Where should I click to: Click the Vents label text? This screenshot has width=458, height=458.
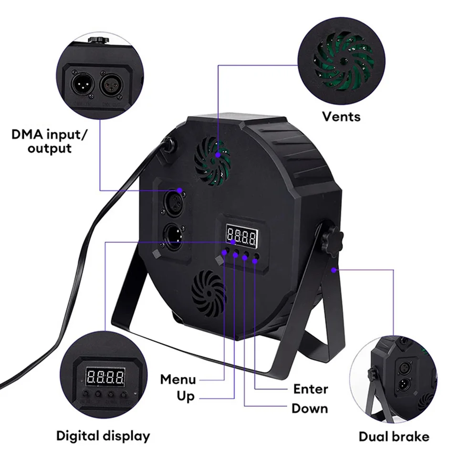pyautogui.click(x=341, y=116)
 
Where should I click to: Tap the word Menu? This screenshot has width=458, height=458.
pyautogui.click(x=178, y=380)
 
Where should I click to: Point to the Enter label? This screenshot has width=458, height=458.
pyautogui.click(x=311, y=389)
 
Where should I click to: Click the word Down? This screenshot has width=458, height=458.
pyautogui.click(x=310, y=408)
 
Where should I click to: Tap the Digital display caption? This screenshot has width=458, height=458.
pyautogui.click(x=103, y=436)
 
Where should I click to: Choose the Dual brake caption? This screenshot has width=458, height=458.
pyautogui.click(x=394, y=437)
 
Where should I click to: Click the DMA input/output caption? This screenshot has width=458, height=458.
pyautogui.click(x=50, y=141)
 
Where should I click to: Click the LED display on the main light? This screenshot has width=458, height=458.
pyautogui.click(x=242, y=235)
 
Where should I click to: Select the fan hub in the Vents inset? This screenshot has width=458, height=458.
pyautogui.click(x=343, y=62)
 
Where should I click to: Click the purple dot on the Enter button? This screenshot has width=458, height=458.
pyautogui.click(x=255, y=260)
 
